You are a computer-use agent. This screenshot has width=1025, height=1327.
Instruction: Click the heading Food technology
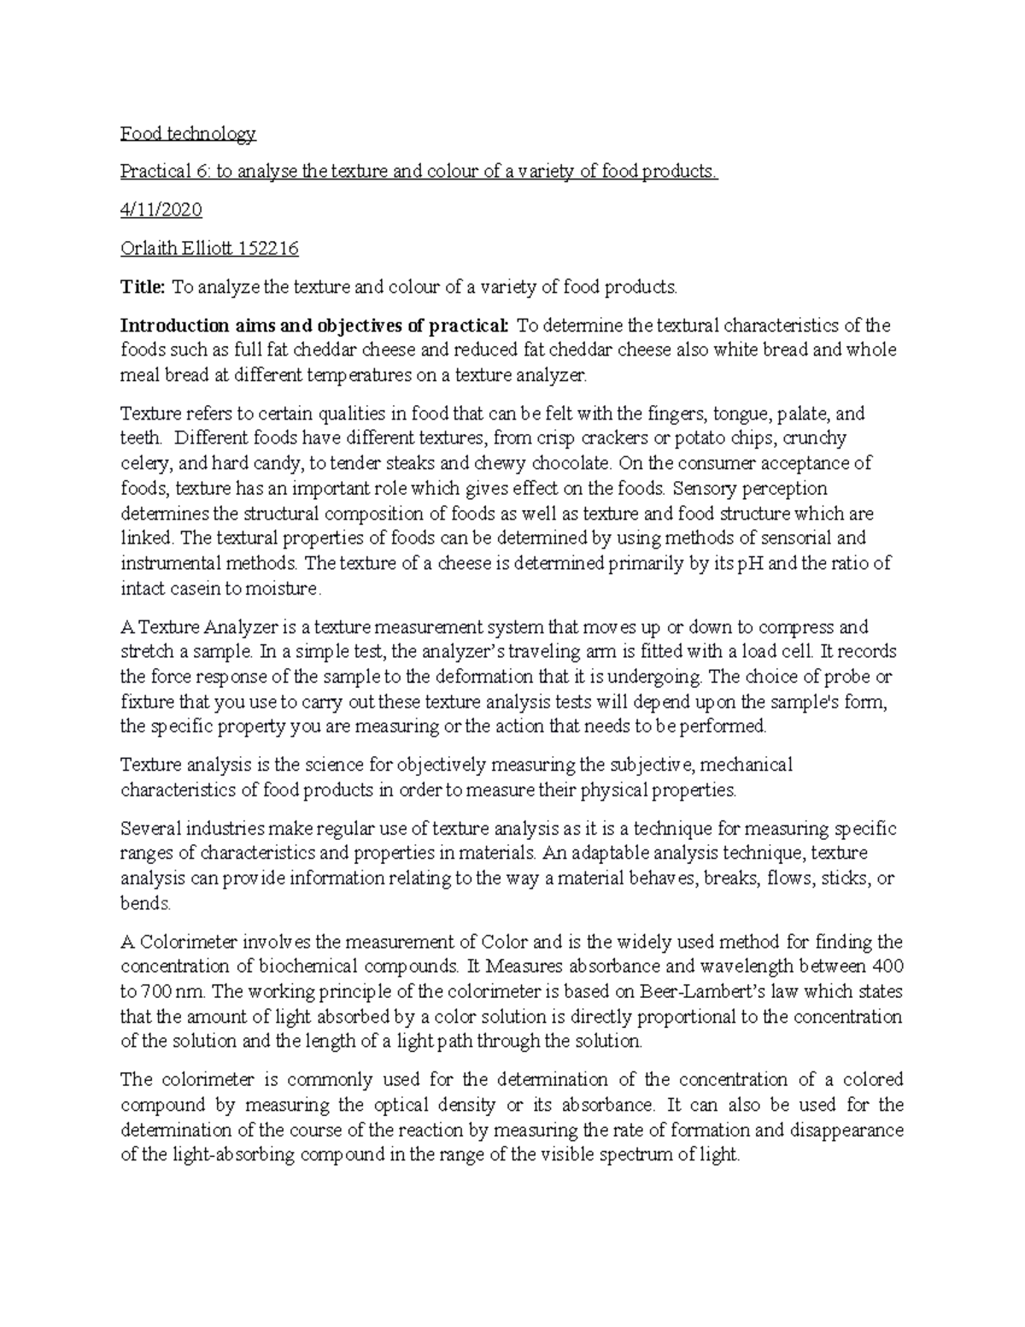[188, 133]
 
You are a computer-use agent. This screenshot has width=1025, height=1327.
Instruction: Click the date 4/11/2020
[161, 210]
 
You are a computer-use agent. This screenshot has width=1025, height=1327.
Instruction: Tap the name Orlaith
[149, 249]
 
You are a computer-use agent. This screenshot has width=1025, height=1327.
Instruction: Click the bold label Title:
[142, 287]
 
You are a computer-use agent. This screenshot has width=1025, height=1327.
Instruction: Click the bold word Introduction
[174, 326]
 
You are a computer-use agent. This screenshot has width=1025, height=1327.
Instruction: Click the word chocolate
[571, 464]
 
